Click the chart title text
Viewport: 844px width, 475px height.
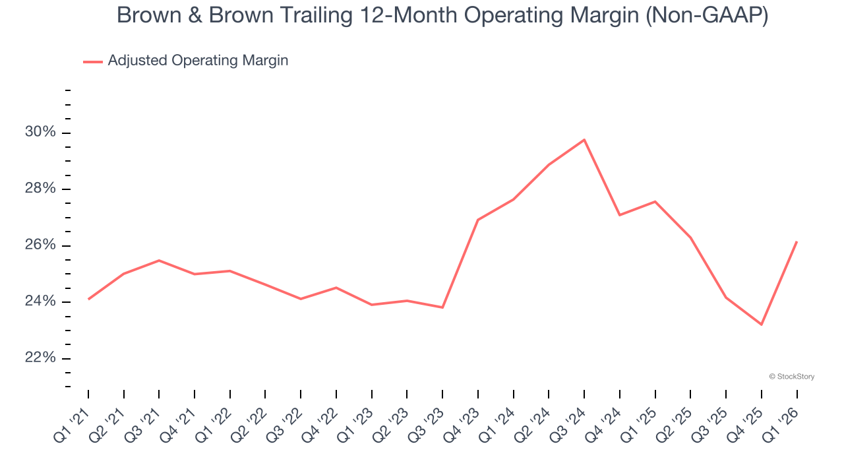click(442, 15)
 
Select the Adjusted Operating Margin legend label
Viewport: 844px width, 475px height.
click(198, 61)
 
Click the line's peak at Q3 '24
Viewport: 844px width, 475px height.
click(584, 140)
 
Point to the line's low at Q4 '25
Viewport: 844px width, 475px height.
click(762, 325)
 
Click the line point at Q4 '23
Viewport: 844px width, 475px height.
click(477, 220)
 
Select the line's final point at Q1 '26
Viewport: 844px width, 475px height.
click(797, 241)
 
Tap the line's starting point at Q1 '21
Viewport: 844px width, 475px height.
click(88, 299)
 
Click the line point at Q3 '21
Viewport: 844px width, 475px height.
click(159, 261)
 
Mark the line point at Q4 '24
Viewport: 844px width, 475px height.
click(620, 215)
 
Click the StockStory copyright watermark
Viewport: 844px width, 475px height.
click(791, 377)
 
